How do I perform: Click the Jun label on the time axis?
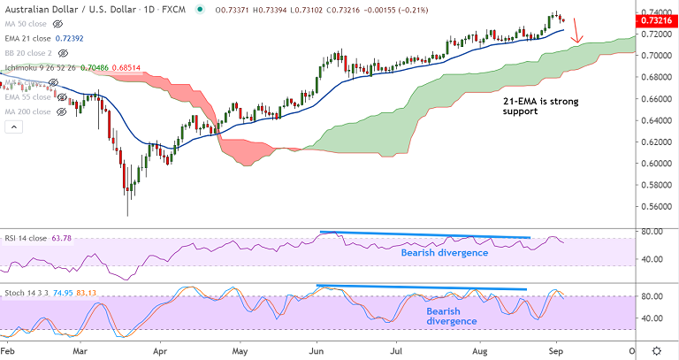point(317,350)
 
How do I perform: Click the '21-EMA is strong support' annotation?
point(529,108)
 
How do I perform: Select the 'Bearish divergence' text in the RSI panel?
point(444,253)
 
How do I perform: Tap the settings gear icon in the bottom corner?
point(656,350)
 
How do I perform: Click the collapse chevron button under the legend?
point(12,126)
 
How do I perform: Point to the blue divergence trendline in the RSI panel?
point(424,235)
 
